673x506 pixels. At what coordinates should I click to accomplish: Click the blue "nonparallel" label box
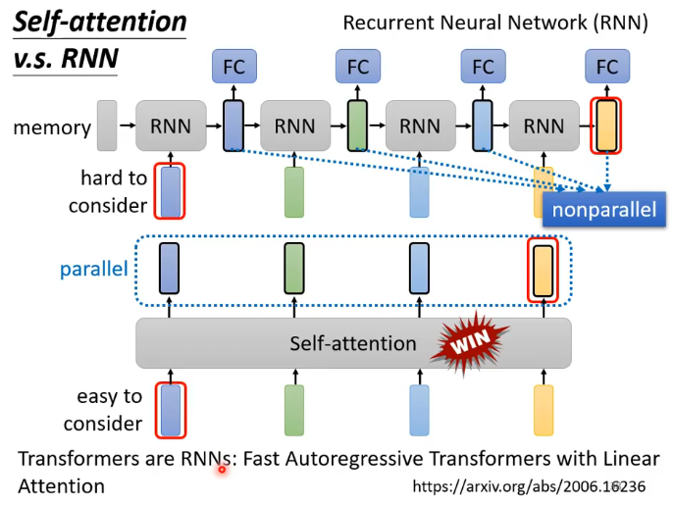click(604, 210)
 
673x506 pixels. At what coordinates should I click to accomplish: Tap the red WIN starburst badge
click(470, 342)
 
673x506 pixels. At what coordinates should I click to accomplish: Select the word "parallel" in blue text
click(94, 270)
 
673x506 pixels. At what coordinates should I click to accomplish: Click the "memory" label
click(52, 127)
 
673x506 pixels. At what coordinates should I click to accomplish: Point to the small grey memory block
click(107, 126)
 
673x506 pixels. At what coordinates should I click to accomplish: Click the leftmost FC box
click(234, 66)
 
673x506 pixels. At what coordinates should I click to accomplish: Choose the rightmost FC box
click(607, 66)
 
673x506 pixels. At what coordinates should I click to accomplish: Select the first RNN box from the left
click(171, 126)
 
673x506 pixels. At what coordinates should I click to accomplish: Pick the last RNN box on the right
click(544, 126)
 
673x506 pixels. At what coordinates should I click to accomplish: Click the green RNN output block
click(357, 126)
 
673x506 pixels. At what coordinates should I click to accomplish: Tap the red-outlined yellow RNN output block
click(606, 126)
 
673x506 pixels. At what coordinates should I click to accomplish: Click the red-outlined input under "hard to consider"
click(170, 191)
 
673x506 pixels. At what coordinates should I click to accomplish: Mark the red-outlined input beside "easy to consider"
click(171, 410)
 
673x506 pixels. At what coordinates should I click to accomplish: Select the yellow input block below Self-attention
click(544, 410)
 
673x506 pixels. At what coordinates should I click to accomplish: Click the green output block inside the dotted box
click(294, 269)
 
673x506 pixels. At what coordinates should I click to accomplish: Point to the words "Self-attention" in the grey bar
click(353, 343)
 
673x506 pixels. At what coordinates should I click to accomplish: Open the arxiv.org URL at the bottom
click(529, 486)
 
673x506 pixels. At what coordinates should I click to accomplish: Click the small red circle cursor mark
click(222, 470)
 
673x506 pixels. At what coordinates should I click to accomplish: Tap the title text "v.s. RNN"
click(66, 59)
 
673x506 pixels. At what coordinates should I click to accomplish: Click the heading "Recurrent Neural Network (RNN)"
click(495, 23)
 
